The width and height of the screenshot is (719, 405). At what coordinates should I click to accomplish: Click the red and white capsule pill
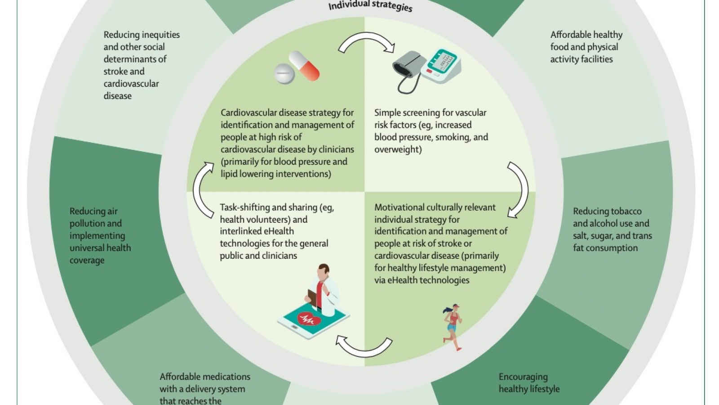[x=304, y=66]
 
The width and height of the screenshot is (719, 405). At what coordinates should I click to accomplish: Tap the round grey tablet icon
[x=284, y=74]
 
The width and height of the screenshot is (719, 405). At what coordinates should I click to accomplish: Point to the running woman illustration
[x=452, y=327]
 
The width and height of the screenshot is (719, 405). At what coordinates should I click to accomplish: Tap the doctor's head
[x=324, y=271]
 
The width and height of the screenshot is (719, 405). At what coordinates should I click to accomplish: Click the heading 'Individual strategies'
[x=370, y=6]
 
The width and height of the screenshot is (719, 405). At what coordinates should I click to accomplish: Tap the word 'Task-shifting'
[x=245, y=207]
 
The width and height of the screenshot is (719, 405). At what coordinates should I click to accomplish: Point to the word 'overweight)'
[x=398, y=149]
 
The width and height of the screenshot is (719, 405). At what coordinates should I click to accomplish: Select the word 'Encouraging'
[x=523, y=377]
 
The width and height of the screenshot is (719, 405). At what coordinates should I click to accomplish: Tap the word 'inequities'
[x=161, y=35]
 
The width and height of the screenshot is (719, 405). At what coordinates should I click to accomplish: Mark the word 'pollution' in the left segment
[x=96, y=223]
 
